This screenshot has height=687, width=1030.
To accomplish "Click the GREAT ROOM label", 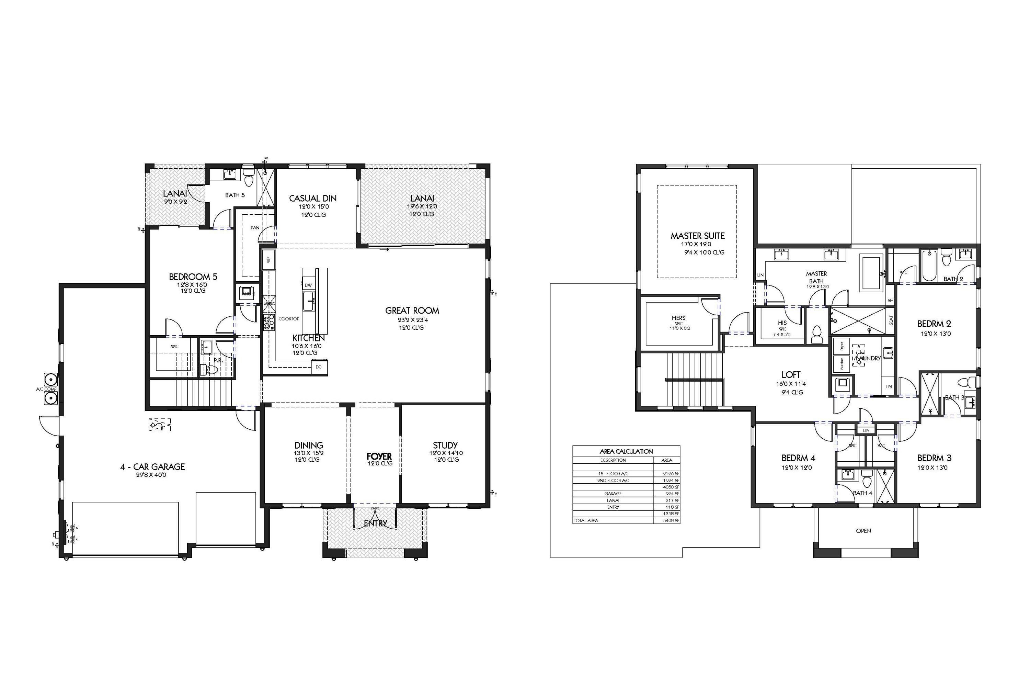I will (412, 311).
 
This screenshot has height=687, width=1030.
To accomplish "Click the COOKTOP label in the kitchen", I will (289, 318).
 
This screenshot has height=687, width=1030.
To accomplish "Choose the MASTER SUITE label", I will (697, 236).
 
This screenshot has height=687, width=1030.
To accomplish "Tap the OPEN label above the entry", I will (863, 531).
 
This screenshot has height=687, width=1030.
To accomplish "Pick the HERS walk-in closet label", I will (678, 318).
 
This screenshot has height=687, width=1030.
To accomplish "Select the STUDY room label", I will (445, 445).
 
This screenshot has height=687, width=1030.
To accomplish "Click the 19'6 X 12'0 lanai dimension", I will (421, 206).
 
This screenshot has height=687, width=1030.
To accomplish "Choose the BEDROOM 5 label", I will (193, 277).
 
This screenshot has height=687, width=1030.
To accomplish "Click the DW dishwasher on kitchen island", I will (308, 285).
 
